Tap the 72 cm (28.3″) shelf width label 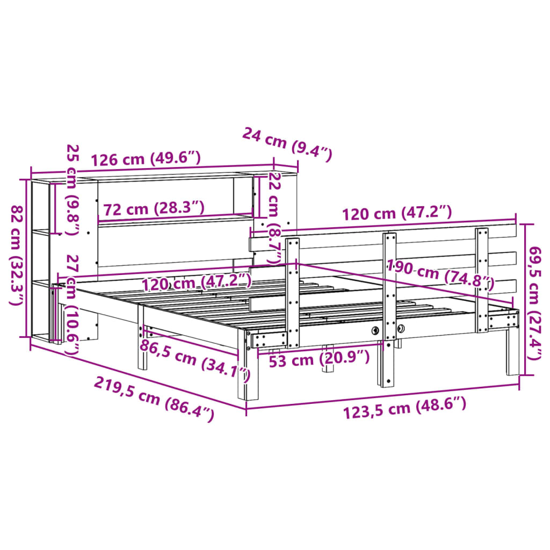(154, 208)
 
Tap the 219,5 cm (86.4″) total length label (154, 399)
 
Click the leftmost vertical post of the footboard (293, 293)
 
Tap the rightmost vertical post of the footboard (482, 279)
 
